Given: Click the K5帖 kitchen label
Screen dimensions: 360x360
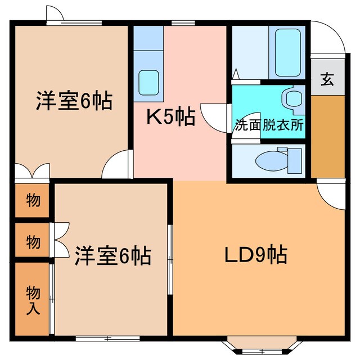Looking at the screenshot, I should (x=170, y=117).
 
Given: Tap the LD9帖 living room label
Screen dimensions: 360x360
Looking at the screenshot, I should (x=256, y=255).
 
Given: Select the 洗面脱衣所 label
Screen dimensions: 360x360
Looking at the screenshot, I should (x=269, y=125).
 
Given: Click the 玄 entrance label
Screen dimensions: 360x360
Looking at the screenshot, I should (x=327, y=79).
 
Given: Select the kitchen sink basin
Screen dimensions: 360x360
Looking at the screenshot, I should (x=148, y=82).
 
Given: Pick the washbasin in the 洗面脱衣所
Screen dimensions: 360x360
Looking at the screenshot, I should (x=294, y=99).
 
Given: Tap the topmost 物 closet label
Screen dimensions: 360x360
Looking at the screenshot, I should (x=33, y=200).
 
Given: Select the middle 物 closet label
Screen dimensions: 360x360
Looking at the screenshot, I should (x=33, y=242).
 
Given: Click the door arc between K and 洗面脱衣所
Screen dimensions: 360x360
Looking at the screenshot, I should (x=217, y=118).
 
